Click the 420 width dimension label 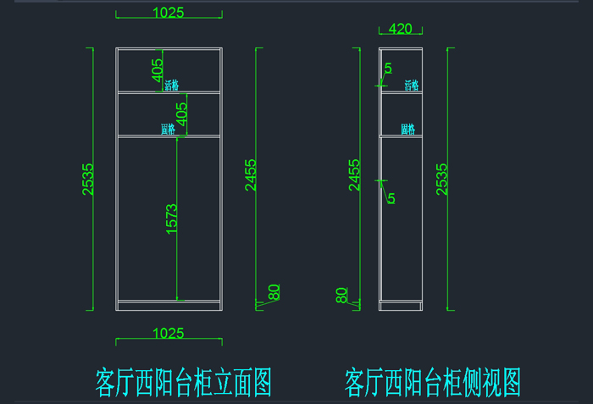pyautogui.click(x=400, y=29)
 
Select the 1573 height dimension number pyautogui.click(x=171, y=219)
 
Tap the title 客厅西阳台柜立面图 pyautogui.click(x=183, y=382)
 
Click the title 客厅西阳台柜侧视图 pyautogui.click(x=432, y=382)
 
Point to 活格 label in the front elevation pyautogui.click(x=172, y=85)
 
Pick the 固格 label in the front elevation pyautogui.click(x=168, y=130)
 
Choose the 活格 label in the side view pyautogui.click(x=412, y=85)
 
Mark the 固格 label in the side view pyautogui.click(x=408, y=130)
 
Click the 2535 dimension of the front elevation pyautogui.click(x=88, y=179)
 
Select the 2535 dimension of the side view pyautogui.click(x=441, y=179)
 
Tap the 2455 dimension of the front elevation pyautogui.click(x=250, y=174)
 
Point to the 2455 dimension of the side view pyautogui.click(x=354, y=174)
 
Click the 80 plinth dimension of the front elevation pyautogui.click(x=274, y=291)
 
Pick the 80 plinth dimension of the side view pyautogui.click(x=341, y=296)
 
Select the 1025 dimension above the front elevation pyautogui.click(x=169, y=12)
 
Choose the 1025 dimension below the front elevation pyautogui.click(x=169, y=334)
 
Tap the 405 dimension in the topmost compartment pyautogui.click(x=157, y=69)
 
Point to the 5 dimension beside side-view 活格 pyautogui.click(x=388, y=68)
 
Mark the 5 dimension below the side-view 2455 pyautogui.click(x=391, y=198)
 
